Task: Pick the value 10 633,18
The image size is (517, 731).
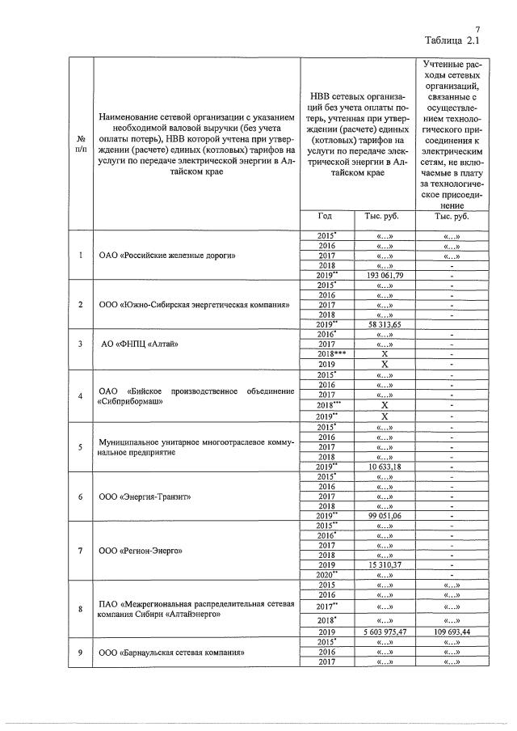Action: [385, 467]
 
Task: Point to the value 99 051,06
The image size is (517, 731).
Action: [385, 514]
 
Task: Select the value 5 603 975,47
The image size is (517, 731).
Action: [385, 631]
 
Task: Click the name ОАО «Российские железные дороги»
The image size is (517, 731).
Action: [166, 256]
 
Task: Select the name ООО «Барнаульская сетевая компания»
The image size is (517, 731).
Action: [171, 652]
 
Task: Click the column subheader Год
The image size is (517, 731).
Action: [326, 216]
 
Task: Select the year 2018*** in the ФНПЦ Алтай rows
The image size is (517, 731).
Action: [326, 353]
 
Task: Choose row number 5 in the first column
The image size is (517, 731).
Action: [80, 447]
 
